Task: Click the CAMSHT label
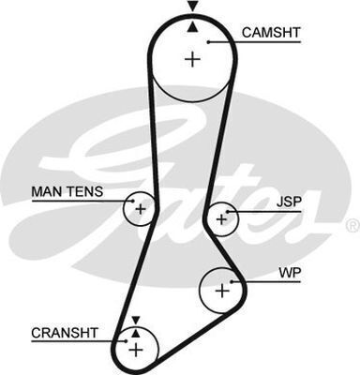[x=271, y=33]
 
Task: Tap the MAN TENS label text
[x=67, y=192]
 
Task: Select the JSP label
[x=290, y=200]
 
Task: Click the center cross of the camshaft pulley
[x=192, y=60]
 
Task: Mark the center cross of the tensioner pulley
[x=140, y=207]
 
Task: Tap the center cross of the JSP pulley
[x=221, y=219]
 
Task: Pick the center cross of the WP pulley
[x=221, y=291]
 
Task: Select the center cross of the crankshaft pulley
[x=135, y=350]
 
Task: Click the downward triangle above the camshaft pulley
[x=192, y=7]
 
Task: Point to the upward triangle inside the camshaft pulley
[x=192, y=26]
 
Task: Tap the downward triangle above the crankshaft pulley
[x=135, y=320]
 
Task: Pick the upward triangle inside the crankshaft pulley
[x=135, y=332]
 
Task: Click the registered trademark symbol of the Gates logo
[x=352, y=225]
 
